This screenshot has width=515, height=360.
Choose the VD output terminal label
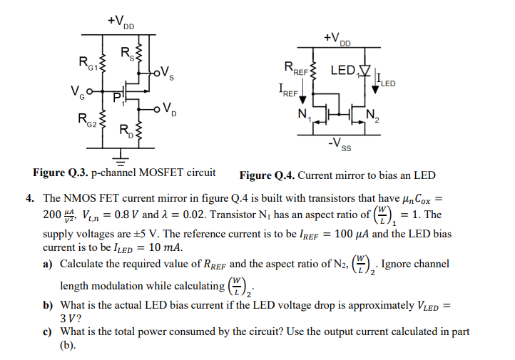point(169,109)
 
